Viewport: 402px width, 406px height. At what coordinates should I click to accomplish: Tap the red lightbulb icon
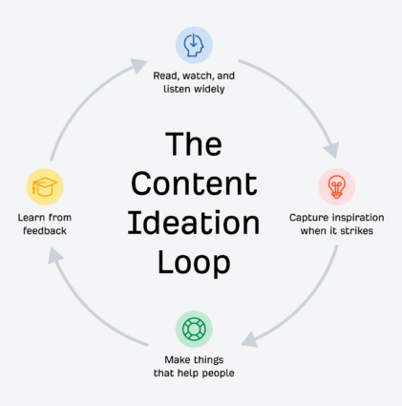(x=336, y=186)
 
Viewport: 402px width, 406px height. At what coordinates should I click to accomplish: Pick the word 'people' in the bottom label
(x=227, y=373)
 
